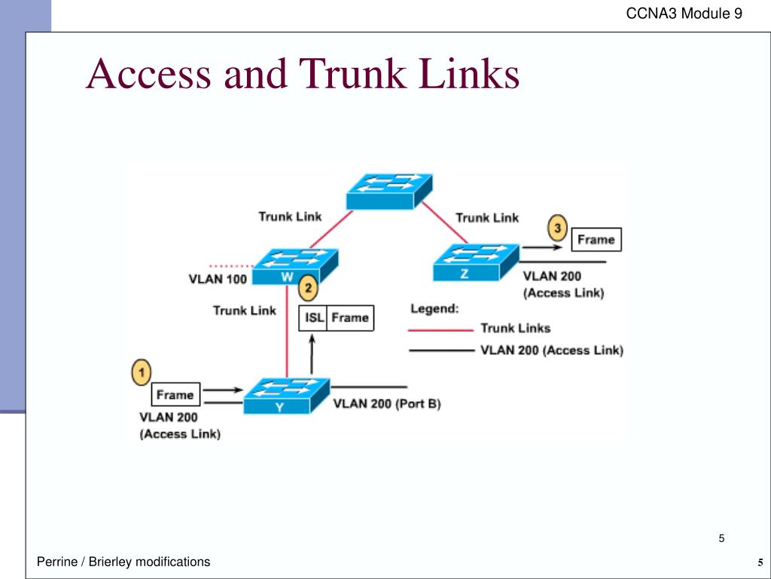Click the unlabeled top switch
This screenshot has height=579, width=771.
coord(389,191)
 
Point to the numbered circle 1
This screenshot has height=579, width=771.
coord(141,372)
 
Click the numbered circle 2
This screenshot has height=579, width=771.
coord(308,288)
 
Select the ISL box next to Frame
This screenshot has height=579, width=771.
coord(314,318)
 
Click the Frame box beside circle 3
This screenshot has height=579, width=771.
coord(596,240)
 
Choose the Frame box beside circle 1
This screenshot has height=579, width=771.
coord(175,394)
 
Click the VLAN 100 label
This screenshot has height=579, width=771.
coord(216,280)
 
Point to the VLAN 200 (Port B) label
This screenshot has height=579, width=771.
coord(386,404)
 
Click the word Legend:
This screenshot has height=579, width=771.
coord(434,308)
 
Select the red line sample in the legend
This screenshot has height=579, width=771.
coord(440,329)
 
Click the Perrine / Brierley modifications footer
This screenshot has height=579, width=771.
coord(124,562)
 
